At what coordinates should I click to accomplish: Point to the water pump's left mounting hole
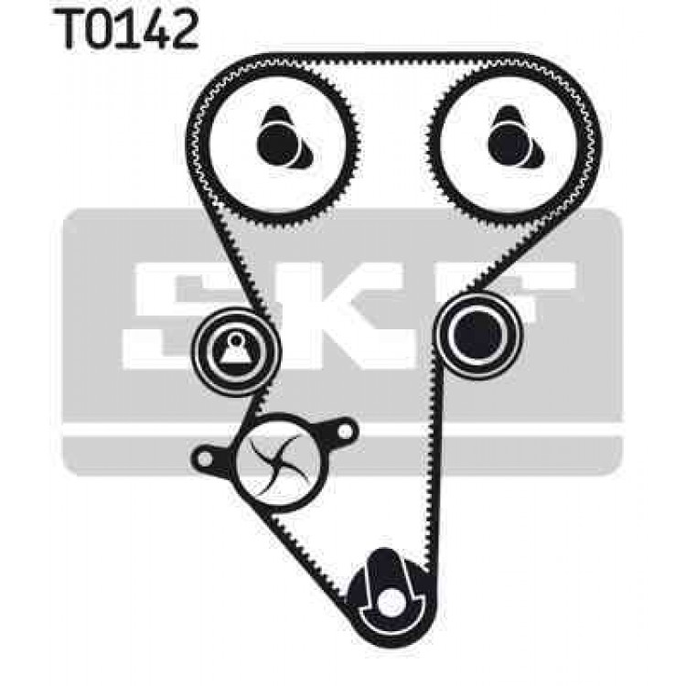point(204,458)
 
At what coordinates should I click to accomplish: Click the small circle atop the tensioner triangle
point(236,339)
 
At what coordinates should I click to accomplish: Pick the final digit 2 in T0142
point(184,28)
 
